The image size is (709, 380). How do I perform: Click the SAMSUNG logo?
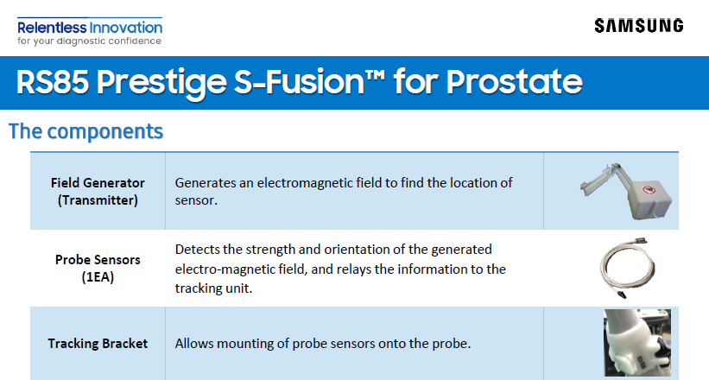coord(638,26)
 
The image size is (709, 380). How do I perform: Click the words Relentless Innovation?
coord(89,26)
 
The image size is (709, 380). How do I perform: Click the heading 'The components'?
coord(85,131)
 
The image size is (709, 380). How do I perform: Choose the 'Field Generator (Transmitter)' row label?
coord(98,192)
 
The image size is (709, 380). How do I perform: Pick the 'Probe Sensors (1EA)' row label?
coord(98,268)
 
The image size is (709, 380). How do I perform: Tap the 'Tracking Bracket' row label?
coord(98,343)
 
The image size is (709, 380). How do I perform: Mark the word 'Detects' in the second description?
coord(196,250)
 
